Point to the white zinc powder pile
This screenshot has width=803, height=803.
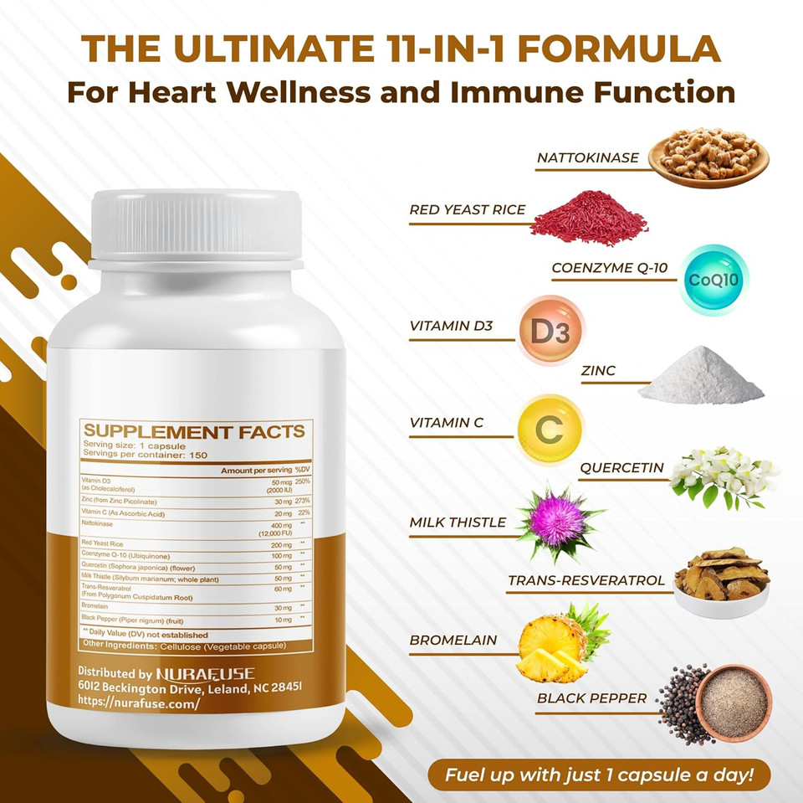click(x=701, y=377)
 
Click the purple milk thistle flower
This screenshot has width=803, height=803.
click(x=559, y=521)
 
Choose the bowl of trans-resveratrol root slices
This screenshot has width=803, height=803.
click(x=721, y=581)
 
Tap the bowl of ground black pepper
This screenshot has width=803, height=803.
click(x=733, y=703)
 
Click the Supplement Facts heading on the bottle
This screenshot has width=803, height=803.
click(x=194, y=432)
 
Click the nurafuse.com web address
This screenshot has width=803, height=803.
click(x=139, y=703)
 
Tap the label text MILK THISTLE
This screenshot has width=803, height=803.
click(x=458, y=523)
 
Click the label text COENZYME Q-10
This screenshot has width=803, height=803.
click(x=610, y=269)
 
